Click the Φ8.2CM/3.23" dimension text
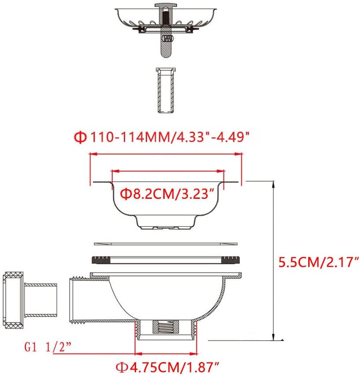click(167, 193)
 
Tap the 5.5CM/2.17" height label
click(319, 262)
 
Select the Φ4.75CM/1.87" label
click(167, 365)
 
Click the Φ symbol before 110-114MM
click(80, 137)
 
